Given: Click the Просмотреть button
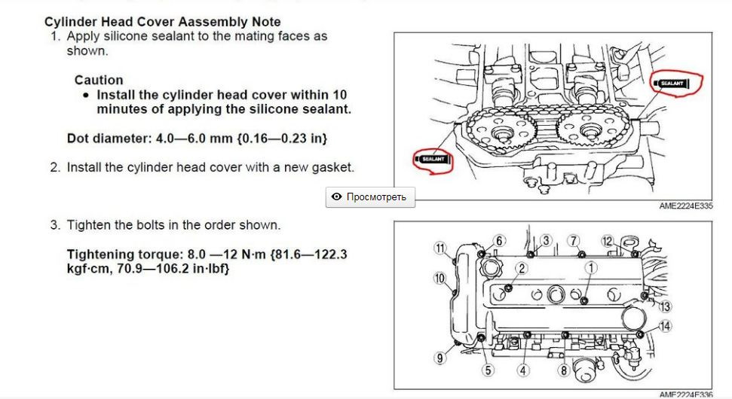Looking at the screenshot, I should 369,197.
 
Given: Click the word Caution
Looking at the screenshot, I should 99,80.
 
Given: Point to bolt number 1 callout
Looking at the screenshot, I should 592,267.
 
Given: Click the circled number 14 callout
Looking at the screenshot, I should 664,326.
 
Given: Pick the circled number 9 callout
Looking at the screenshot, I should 439,358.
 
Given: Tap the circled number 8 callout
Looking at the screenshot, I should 563,370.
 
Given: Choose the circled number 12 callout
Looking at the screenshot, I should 608,240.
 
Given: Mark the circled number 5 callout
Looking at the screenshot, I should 489,370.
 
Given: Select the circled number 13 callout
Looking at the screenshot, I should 664,306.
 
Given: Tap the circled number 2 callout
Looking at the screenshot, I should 521,268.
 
